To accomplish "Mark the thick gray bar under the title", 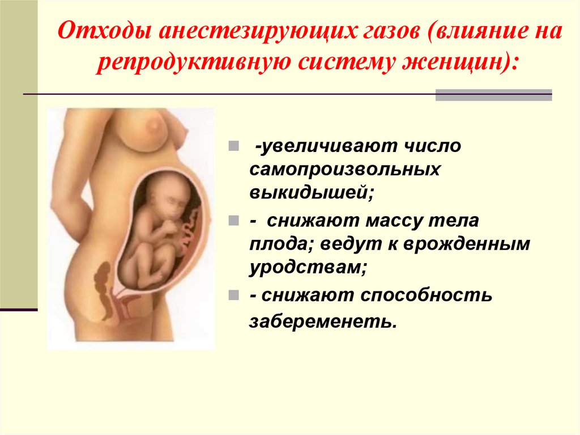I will [493, 95].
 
